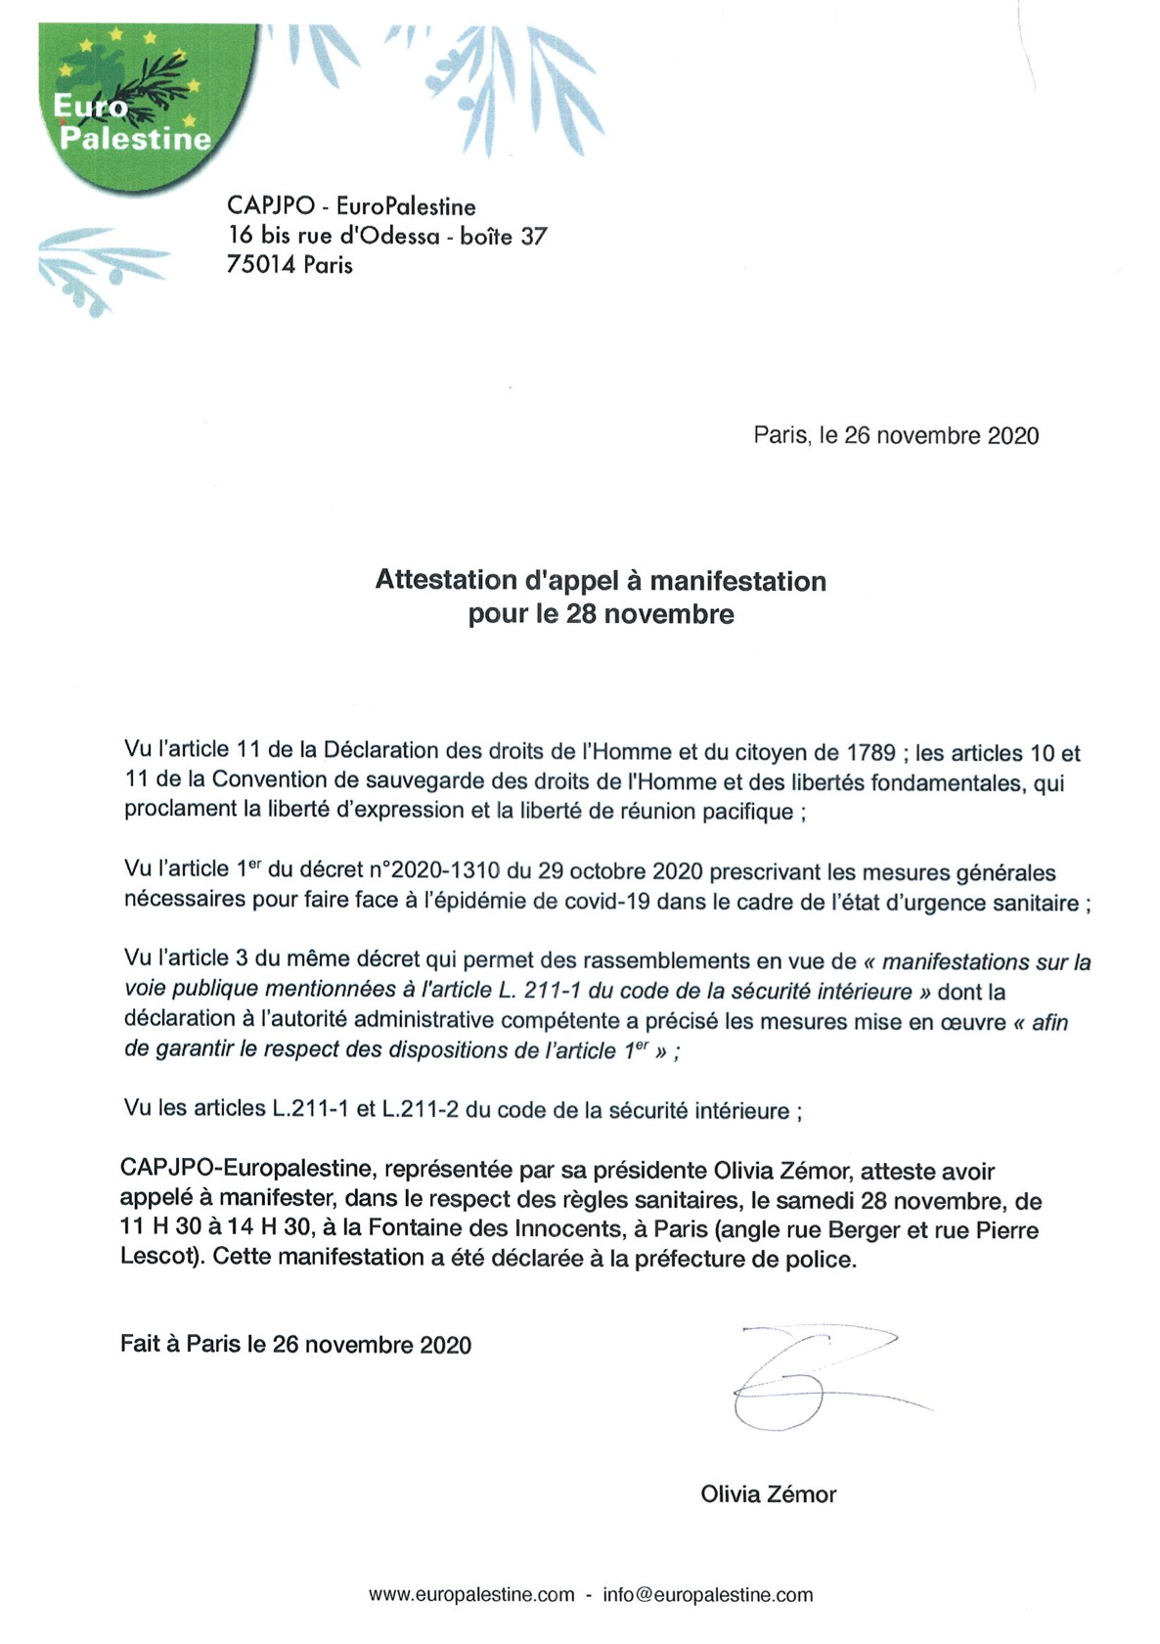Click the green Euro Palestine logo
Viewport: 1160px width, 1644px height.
132,103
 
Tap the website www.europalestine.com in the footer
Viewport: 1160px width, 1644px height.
471,1595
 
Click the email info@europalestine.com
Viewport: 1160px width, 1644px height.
707,1595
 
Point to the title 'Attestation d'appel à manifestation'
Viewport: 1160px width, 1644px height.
601,581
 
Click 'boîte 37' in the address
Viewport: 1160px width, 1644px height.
504,237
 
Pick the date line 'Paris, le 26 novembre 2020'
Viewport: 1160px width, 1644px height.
895,436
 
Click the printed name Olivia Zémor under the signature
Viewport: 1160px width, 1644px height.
768,1494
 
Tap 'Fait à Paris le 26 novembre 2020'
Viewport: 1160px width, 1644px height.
295,1345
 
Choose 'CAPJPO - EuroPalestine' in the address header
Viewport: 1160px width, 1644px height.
351,206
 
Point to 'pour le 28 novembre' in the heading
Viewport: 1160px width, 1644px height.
601,614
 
